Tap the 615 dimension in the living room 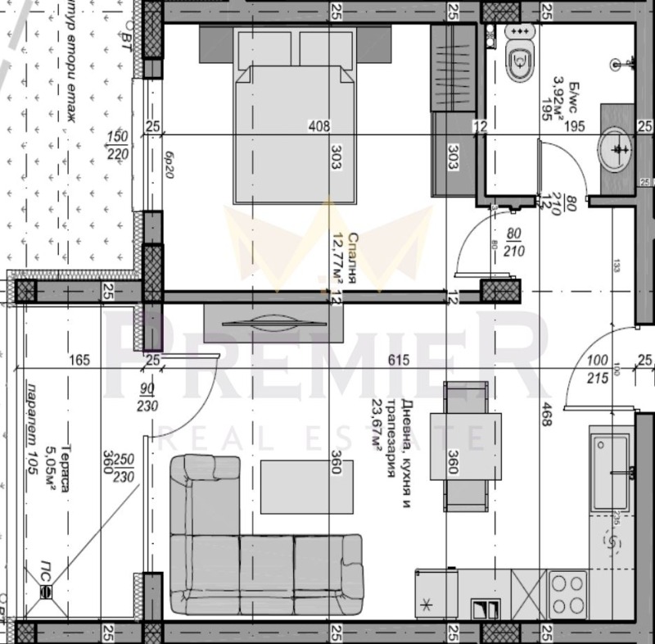pos(398,359)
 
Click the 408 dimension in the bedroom pos(318,126)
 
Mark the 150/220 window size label pos(118,144)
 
